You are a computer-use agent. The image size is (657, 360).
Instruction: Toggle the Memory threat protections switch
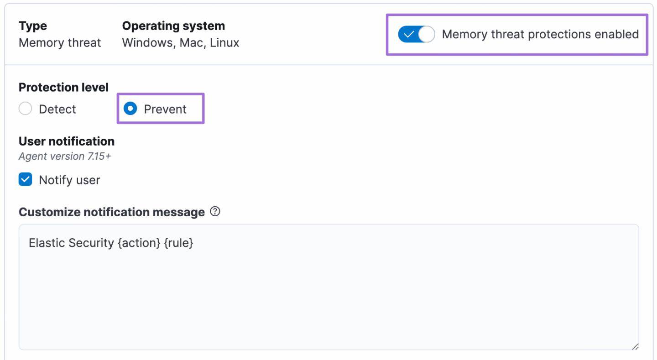(416, 35)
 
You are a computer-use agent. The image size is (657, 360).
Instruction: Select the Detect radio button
(26, 109)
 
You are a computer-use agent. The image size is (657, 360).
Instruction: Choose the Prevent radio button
(130, 109)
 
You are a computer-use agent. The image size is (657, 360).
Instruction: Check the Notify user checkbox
(26, 180)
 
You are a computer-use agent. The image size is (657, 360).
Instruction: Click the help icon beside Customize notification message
(215, 212)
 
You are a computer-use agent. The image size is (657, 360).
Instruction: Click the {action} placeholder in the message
(139, 243)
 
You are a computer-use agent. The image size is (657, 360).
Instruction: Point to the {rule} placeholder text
(178, 243)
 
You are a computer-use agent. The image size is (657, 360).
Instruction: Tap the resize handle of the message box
(635, 346)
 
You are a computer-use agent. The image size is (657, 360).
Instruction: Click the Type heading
(33, 26)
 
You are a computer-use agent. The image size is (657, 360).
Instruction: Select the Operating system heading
(173, 26)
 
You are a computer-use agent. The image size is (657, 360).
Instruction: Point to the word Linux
(224, 43)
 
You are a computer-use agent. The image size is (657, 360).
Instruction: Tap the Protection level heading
(63, 87)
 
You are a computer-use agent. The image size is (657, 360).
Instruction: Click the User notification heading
(67, 141)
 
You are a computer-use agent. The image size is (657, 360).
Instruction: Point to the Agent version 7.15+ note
(65, 156)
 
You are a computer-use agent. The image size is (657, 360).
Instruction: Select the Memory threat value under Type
(60, 43)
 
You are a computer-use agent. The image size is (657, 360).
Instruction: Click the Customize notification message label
(112, 212)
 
